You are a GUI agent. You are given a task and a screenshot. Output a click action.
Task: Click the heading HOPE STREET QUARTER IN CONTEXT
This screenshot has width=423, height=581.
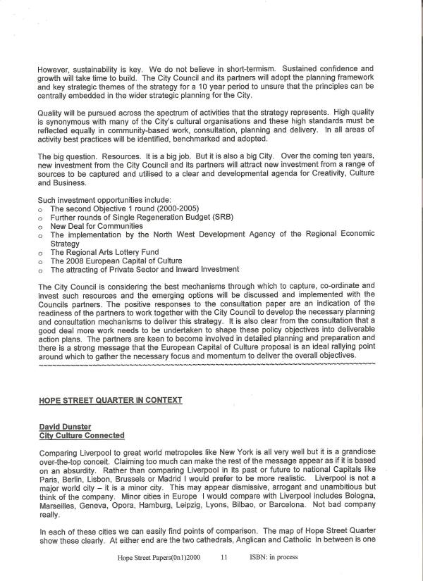click(x=110, y=400)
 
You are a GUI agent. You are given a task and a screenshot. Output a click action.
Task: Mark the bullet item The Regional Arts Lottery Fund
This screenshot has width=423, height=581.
click(x=104, y=252)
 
